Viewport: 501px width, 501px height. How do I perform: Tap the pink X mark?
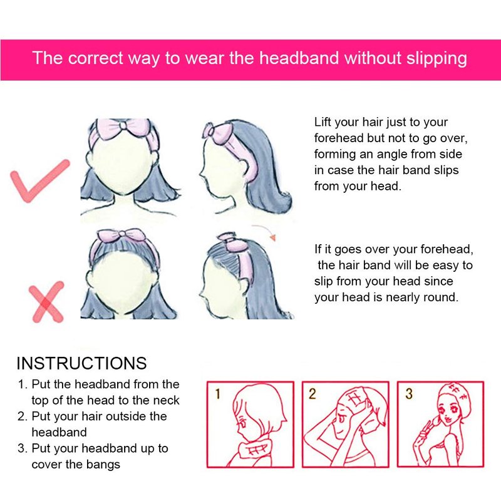[x=46, y=302]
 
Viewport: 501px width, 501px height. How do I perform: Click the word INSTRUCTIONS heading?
[x=81, y=363]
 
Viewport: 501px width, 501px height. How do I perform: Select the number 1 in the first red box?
[x=217, y=394]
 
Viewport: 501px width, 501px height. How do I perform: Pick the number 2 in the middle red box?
[x=312, y=394]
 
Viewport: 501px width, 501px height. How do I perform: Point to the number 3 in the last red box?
[x=409, y=394]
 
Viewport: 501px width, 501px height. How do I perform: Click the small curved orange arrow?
[x=264, y=230]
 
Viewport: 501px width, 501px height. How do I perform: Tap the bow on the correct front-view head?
[x=123, y=128]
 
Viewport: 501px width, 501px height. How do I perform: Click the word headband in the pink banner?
[x=299, y=58]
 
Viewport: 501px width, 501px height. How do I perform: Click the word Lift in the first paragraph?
[x=323, y=122]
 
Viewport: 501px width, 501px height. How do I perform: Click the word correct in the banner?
[x=95, y=58]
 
